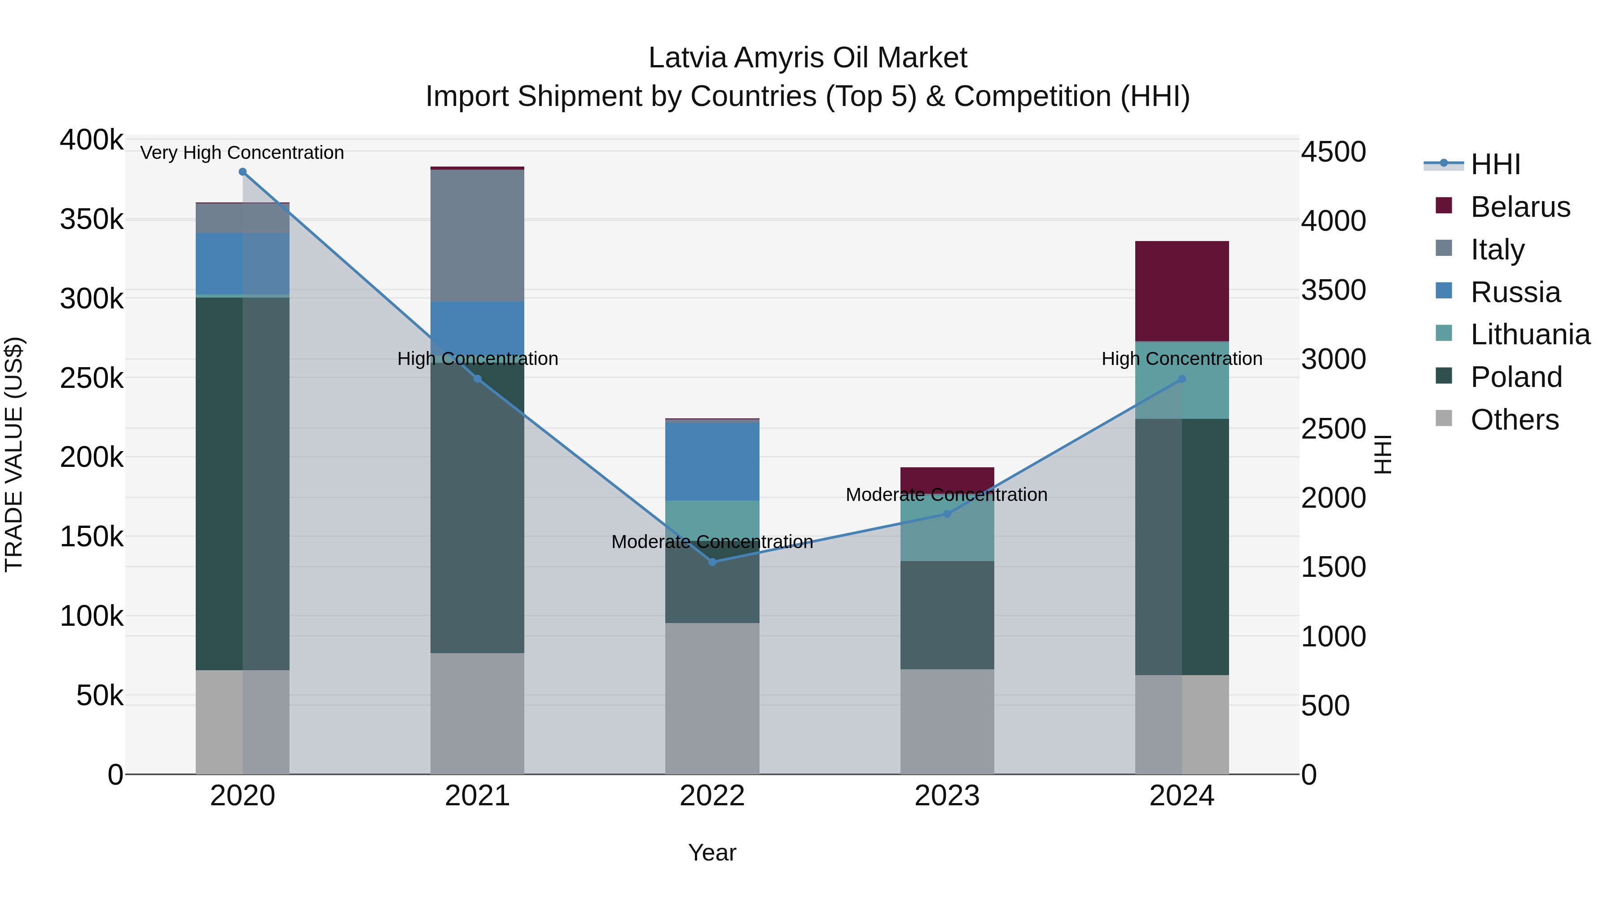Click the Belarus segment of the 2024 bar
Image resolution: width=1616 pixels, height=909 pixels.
pyautogui.click(x=1182, y=290)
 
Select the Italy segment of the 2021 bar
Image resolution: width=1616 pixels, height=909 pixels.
pyautogui.click(x=478, y=235)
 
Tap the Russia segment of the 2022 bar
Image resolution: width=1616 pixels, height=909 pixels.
pyautogui.click(x=712, y=461)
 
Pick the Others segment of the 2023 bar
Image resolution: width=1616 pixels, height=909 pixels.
pyautogui.click(x=947, y=721)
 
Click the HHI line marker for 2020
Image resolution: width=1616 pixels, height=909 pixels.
pyautogui.click(x=243, y=172)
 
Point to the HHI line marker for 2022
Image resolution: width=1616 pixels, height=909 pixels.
pyautogui.click(x=712, y=562)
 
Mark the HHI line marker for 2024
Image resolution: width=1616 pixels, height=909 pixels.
pyautogui.click(x=1182, y=379)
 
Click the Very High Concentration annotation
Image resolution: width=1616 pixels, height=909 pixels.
pyautogui.click(x=242, y=153)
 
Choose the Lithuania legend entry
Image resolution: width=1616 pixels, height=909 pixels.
pyautogui.click(x=1529, y=334)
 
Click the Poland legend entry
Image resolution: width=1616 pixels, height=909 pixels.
pyautogui.click(x=1515, y=377)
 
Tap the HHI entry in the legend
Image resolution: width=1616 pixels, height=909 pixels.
pyautogui.click(x=1495, y=164)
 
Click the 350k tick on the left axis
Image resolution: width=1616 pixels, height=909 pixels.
pyautogui.click(x=92, y=220)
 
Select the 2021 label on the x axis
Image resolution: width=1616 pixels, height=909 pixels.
pyautogui.click(x=478, y=796)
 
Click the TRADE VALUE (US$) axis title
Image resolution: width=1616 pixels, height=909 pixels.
pyautogui.click(x=14, y=454)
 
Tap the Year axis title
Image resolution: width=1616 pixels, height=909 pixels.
pyautogui.click(x=712, y=852)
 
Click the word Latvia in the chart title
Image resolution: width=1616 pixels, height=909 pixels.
pyautogui.click(x=687, y=58)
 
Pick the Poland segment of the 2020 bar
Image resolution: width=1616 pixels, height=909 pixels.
pyautogui.click(x=243, y=483)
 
